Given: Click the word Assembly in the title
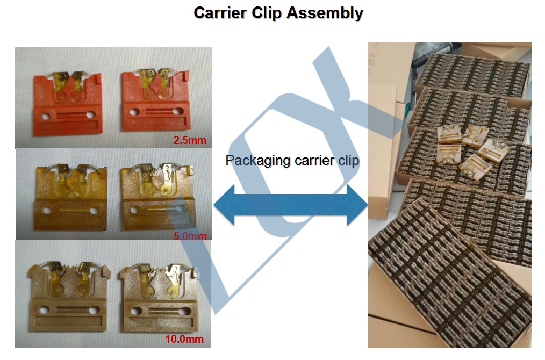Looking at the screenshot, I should pyautogui.click(x=325, y=13).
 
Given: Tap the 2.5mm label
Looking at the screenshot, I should pyautogui.click(x=189, y=141).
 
